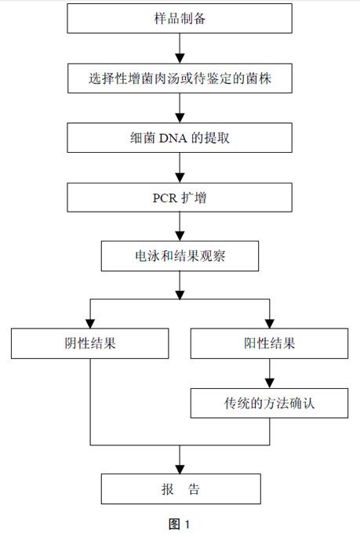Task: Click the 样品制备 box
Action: click(180, 19)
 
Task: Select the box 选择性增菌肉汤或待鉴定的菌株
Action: click(180, 78)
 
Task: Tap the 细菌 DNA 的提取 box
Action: click(180, 138)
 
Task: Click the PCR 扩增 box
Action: click(180, 198)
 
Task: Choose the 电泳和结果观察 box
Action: click(180, 256)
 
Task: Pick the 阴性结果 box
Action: click(89, 343)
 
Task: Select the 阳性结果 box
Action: click(269, 343)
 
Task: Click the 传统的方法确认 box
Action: click(269, 403)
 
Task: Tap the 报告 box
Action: click(181, 488)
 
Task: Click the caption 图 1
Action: click(179, 524)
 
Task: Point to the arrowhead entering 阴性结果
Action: click(90, 324)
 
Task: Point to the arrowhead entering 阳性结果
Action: click(270, 324)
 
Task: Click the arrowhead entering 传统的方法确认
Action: click(270, 383)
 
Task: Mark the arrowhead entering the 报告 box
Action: click(180, 470)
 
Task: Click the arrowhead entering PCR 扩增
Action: click(180, 178)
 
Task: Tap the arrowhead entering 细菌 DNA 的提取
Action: click(180, 118)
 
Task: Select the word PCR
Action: click(165, 198)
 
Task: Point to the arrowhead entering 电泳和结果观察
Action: click(180, 236)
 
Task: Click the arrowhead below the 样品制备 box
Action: click(180, 59)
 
